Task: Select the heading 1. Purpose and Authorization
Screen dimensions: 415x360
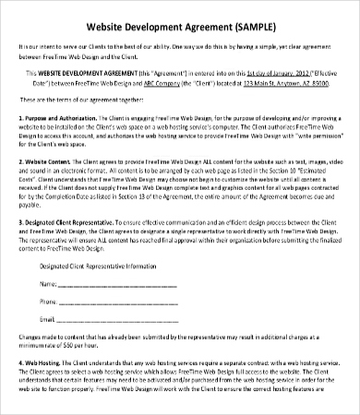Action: click(61, 119)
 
